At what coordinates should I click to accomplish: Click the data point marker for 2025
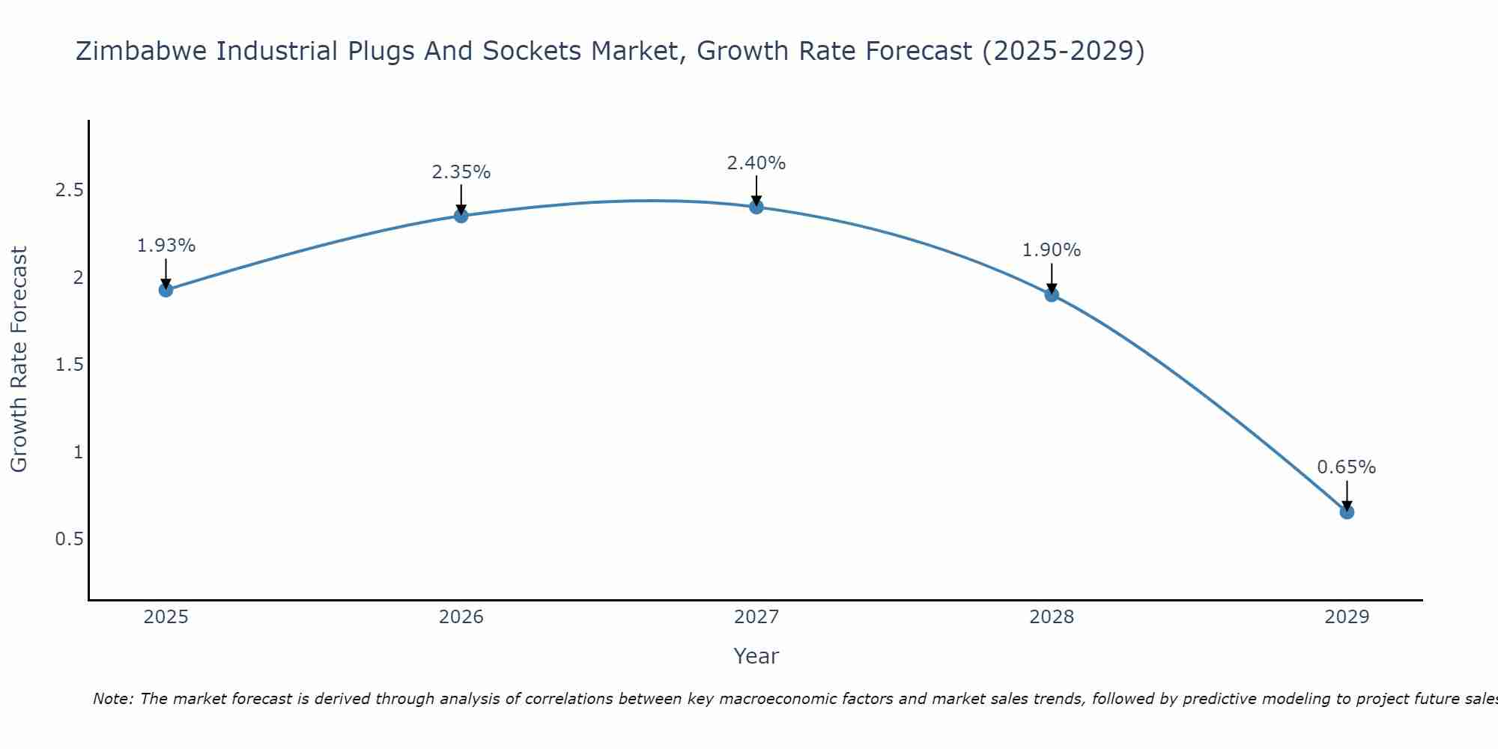click(166, 290)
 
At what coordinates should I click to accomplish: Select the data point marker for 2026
click(461, 216)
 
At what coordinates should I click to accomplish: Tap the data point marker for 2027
click(756, 207)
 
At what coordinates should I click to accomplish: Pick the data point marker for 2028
click(1052, 294)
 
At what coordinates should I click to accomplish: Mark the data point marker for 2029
click(1347, 512)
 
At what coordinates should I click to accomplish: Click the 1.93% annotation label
click(166, 246)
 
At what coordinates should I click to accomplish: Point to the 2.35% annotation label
click(461, 172)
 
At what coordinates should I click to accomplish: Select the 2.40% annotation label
click(756, 163)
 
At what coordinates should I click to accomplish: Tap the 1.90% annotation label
click(1052, 250)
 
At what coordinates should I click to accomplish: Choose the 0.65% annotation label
click(1347, 467)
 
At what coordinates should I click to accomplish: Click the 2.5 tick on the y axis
click(69, 190)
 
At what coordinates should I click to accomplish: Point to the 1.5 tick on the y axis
click(69, 365)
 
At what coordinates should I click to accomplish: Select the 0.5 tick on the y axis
click(69, 539)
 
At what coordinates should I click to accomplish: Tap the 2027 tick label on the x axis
click(756, 617)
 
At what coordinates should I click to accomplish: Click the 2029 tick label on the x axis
click(1347, 617)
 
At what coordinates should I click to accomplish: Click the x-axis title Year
click(756, 656)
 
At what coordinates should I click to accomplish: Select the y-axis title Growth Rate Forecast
click(19, 360)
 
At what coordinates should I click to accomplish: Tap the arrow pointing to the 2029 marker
click(1347, 494)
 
